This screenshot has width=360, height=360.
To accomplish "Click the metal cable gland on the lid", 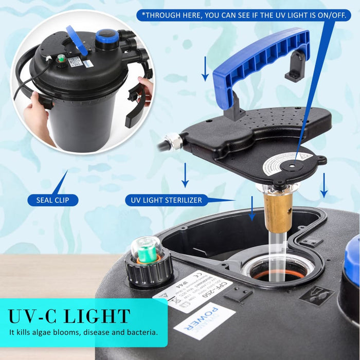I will pyautogui.click(x=172, y=141).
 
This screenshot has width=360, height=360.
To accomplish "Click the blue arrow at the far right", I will pyautogui.click(x=323, y=186).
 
